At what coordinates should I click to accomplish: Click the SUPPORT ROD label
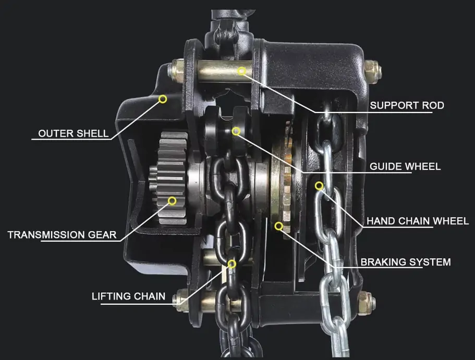pyautogui.click(x=407, y=105)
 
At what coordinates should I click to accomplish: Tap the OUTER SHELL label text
pyautogui.click(x=74, y=133)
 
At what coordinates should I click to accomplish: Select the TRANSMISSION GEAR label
pyautogui.click(x=62, y=234)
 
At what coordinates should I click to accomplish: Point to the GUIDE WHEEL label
pyautogui.click(x=405, y=166)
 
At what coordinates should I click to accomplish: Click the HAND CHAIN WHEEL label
pyautogui.click(x=418, y=221)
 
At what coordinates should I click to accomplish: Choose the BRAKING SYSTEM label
pyautogui.click(x=406, y=262)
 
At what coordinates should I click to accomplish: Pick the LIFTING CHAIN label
pyautogui.click(x=128, y=296)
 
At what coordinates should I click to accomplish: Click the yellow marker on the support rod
pyautogui.click(x=241, y=71)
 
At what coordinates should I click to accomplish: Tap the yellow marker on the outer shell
pyautogui.click(x=163, y=99)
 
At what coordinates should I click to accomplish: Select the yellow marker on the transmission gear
pyautogui.click(x=172, y=201)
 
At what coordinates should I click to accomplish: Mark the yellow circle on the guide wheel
pyautogui.click(x=236, y=131)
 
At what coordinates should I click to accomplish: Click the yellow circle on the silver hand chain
pyautogui.click(x=319, y=185)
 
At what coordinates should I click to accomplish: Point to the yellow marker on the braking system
pyautogui.click(x=279, y=226)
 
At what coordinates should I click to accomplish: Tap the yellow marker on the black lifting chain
pyautogui.click(x=232, y=264)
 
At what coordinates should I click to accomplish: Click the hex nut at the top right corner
pyautogui.click(x=372, y=72)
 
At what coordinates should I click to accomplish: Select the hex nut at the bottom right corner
pyautogui.click(x=367, y=303)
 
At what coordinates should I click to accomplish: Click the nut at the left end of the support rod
pyautogui.click(x=175, y=72)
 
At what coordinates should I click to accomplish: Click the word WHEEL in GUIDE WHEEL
pyautogui.click(x=422, y=166)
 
